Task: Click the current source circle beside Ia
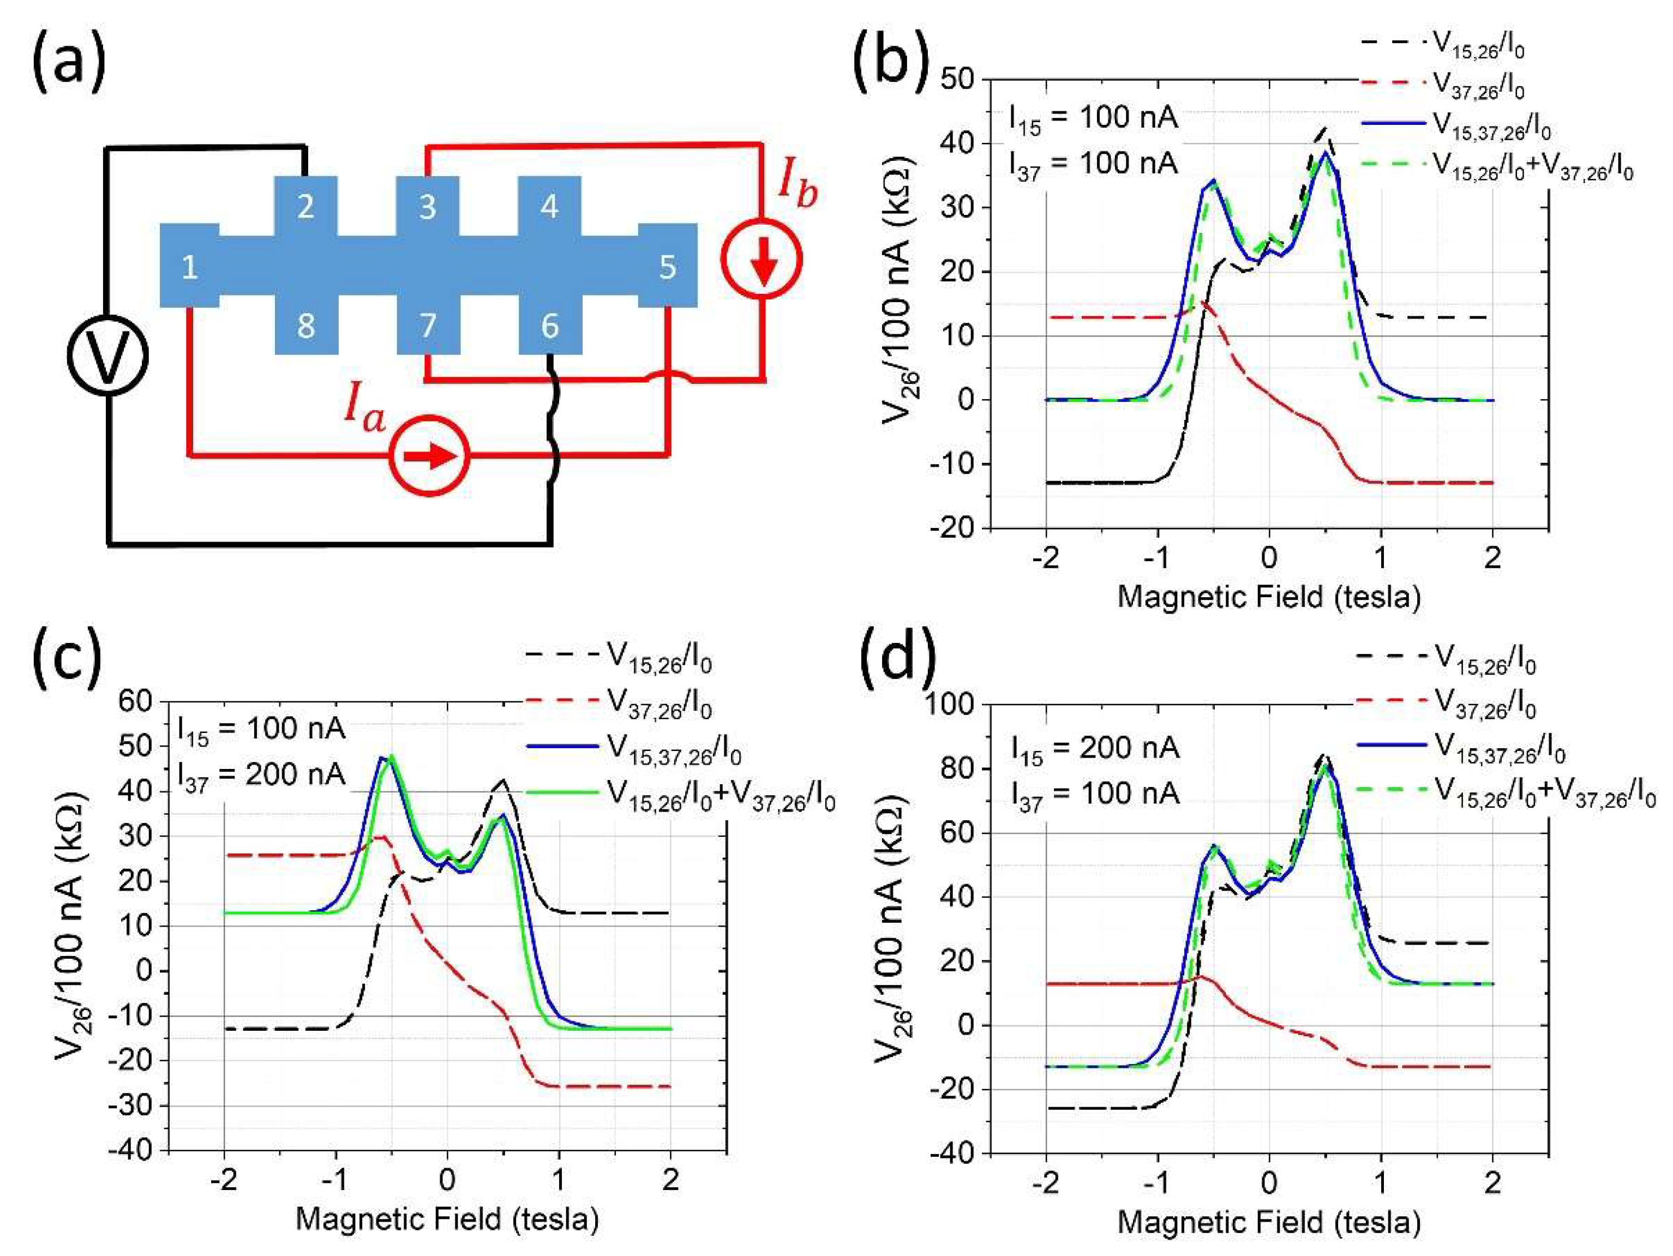(430, 456)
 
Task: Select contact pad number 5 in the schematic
(667, 266)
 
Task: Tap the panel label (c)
(67, 656)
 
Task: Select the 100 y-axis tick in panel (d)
(951, 705)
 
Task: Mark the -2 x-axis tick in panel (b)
(1046, 557)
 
